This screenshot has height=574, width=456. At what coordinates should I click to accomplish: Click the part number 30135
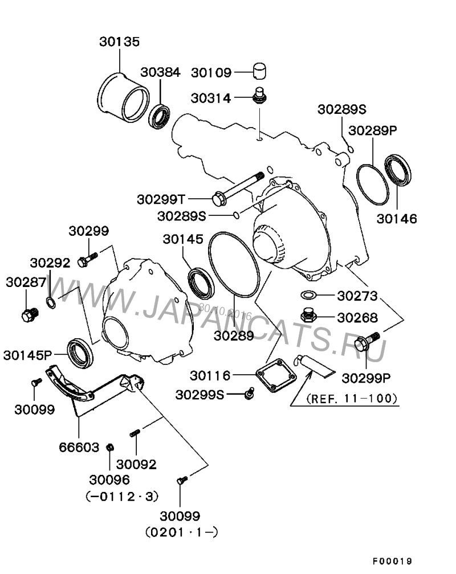[119, 42]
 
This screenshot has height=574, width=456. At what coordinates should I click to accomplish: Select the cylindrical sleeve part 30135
[122, 97]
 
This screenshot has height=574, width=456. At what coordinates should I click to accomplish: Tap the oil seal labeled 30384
[160, 116]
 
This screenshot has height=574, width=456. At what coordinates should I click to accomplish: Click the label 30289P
[373, 130]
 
